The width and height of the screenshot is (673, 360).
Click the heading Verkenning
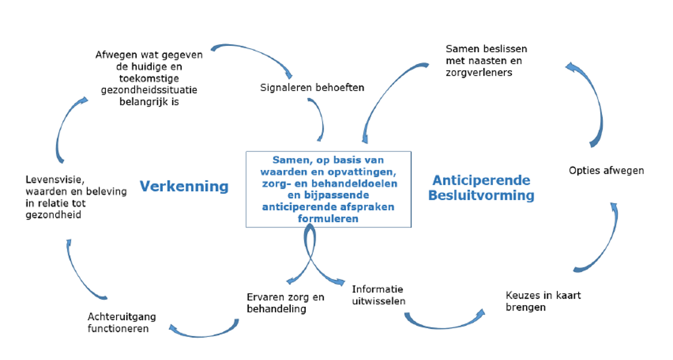click(x=183, y=186)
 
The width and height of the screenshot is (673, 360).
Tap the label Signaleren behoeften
click(x=312, y=87)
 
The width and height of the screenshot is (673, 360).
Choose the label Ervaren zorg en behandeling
click(x=285, y=303)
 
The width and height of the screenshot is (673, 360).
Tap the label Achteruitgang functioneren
click(x=122, y=322)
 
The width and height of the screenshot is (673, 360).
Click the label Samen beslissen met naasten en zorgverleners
click(x=486, y=61)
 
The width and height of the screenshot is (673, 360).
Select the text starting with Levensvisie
click(x=76, y=197)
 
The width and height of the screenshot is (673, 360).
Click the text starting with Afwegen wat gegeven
click(x=150, y=79)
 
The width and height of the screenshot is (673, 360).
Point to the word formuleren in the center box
click(x=328, y=219)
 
